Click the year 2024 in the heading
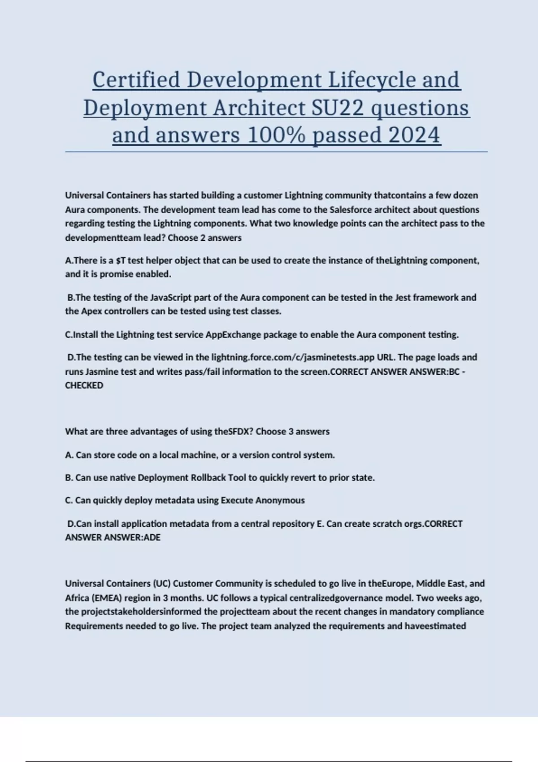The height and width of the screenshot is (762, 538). tap(414, 135)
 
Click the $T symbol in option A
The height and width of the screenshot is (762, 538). tap(120, 260)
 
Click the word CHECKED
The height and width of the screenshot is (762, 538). tap(84, 385)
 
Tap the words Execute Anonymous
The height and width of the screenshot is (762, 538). tap(262, 501)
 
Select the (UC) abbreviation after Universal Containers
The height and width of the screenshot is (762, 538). tap(162, 584)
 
